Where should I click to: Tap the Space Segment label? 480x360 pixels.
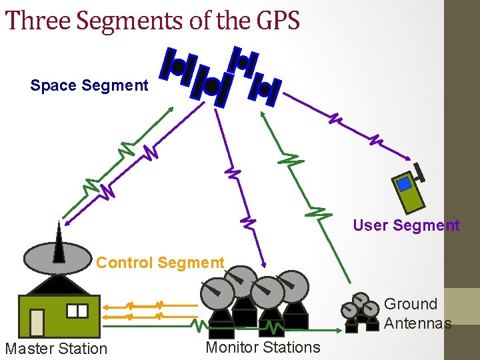click(x=89, y=85)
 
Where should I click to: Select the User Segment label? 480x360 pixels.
click(x=406, y=225)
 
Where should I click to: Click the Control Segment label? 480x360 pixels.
click(x=160, y=263)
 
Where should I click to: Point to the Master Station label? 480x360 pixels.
click(x=56, y=348)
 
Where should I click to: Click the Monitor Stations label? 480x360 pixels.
click(x=263, y=347)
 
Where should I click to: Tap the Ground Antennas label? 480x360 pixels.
click(x=417, y=313)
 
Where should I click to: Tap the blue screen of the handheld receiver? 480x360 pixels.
click(x=403, y=181)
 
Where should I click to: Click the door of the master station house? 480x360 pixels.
click(x=37, y=323)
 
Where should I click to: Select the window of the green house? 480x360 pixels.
click(x=77, y=311)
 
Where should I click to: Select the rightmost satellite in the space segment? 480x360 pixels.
click(x=266, y=88)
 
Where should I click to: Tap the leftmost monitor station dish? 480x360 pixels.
click(x=218, y=291)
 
